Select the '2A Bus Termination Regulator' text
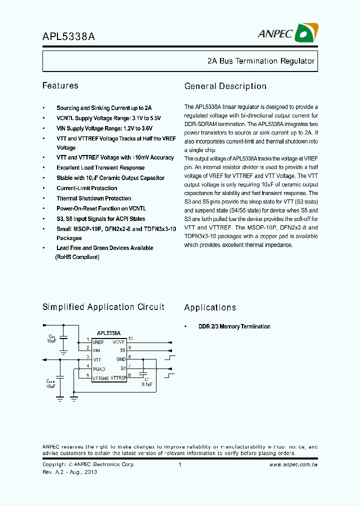[260, 61]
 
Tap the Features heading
[60, 86]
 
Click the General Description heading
[225, 86]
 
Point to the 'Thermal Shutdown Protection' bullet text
[94, 198]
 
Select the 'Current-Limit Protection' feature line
[87, 188]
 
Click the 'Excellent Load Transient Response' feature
[100, 168]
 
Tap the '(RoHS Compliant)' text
[77, 257]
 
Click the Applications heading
[210, 307]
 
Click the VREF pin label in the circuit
[98, 342]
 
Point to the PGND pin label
[99, 368]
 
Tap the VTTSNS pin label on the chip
[100, 377]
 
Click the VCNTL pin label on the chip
[118, 342]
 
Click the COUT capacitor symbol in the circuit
[60, 375]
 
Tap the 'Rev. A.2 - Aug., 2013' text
[69, 472]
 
